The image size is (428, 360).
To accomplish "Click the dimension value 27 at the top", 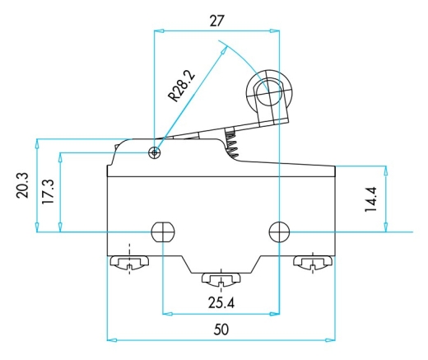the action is tap(217, 21).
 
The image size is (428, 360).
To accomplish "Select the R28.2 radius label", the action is tap(182, 86).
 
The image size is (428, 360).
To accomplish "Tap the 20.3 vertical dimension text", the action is tap(22, 185).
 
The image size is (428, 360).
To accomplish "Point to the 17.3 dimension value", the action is tap(48, 192).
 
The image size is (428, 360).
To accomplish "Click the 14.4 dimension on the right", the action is tap(370, 199).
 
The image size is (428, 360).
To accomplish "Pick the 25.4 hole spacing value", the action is tap(221, 303).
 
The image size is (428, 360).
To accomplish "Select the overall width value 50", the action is tap(221, 330).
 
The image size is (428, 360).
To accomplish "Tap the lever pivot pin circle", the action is tap(155, 152).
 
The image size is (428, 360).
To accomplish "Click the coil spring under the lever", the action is tap(231, 143).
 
